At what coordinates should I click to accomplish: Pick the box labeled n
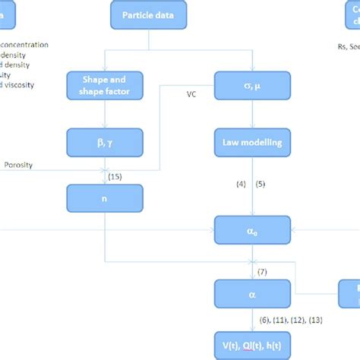tap(104, 198)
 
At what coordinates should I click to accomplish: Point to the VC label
tap(191, 95)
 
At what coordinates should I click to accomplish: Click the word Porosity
tap(18, 165)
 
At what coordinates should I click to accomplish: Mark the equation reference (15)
tap(115, 177)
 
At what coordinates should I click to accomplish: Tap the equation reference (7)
tap(262, 271)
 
